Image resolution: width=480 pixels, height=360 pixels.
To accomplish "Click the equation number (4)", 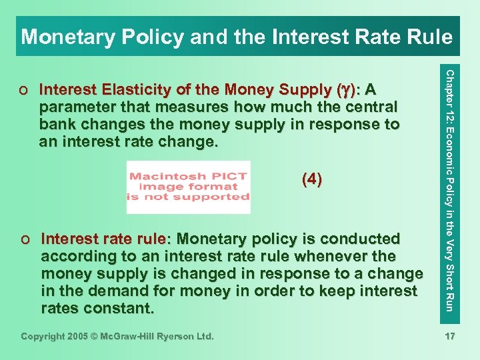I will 312,179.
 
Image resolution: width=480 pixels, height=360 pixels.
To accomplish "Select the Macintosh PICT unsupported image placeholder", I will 188,187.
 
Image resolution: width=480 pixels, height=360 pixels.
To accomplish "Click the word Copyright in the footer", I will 45,337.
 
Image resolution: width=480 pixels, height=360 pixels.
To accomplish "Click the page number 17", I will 450,337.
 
